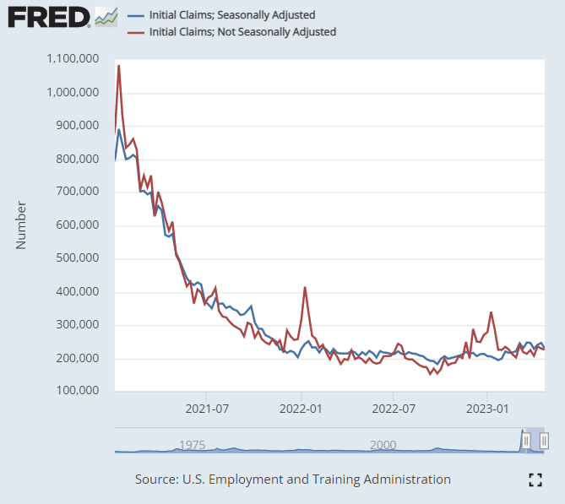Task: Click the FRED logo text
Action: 48,16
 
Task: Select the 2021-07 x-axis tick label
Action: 207,409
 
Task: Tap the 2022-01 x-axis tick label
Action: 302,409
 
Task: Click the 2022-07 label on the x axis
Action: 394,409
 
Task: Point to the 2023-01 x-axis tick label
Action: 487,409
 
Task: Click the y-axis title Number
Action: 22,225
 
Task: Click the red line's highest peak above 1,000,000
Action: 119,66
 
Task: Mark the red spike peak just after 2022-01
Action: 305,288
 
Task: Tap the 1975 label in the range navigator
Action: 192,445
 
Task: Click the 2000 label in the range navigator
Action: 383,445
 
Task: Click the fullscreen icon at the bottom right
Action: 534,480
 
